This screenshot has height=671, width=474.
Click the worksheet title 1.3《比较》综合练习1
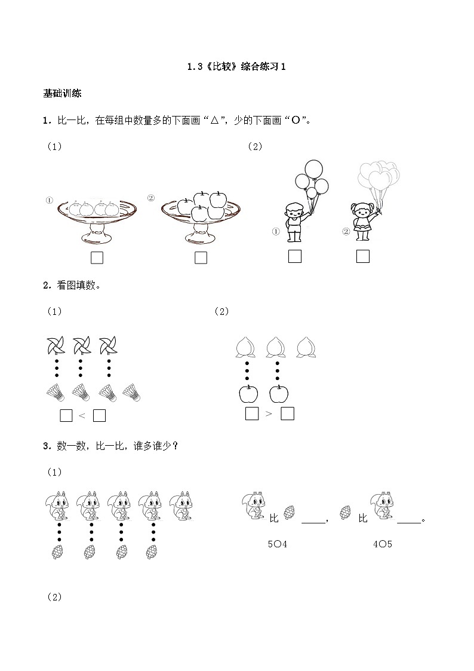(x=237, y=67)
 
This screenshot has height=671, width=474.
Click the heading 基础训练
(x=62, y=93)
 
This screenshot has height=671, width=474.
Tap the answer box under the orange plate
(x=97, y=258)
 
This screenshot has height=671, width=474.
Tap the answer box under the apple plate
(x=201, y=258)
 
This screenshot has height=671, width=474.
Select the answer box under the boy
(x=294, y=256)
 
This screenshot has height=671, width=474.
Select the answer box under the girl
(x=362, y=256)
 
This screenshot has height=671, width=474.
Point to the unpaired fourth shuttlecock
(x=132, y=393)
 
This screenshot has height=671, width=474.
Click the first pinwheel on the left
(x=57, y=346)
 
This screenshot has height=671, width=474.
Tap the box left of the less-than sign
(x=66, y=416)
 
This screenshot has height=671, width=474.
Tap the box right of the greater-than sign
(x=288, y=413)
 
